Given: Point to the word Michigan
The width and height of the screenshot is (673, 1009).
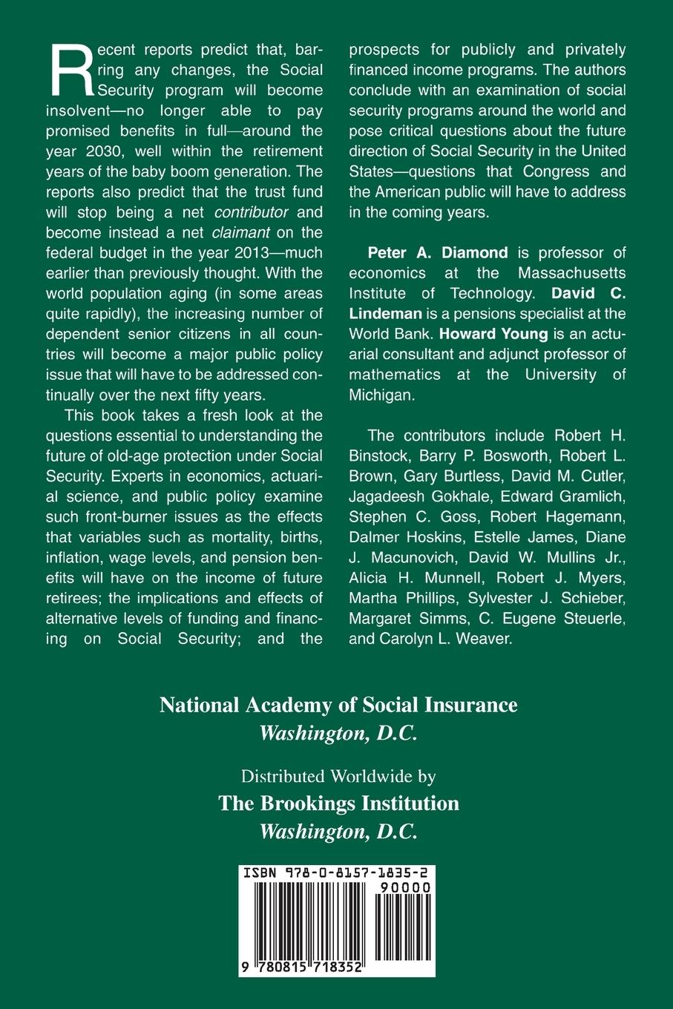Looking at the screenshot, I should point(381,395).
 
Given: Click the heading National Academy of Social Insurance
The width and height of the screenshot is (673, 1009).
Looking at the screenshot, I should point(338,704).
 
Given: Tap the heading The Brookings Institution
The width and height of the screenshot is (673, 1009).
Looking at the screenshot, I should point(338,803).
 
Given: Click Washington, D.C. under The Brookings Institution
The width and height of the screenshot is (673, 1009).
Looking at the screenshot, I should point(338,832).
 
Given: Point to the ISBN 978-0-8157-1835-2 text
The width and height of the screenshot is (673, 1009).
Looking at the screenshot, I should point(338,874).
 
